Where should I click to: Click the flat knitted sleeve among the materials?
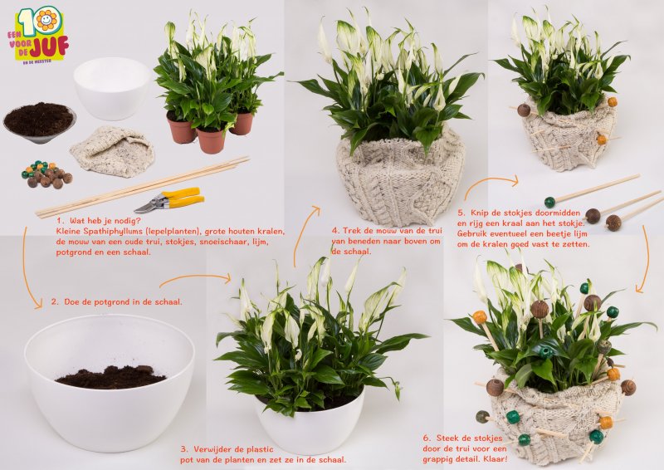pos(111,151)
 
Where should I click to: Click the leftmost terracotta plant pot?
pos(181,127)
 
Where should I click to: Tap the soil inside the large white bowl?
pos(110,378)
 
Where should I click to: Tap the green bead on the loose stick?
pos(549,202)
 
